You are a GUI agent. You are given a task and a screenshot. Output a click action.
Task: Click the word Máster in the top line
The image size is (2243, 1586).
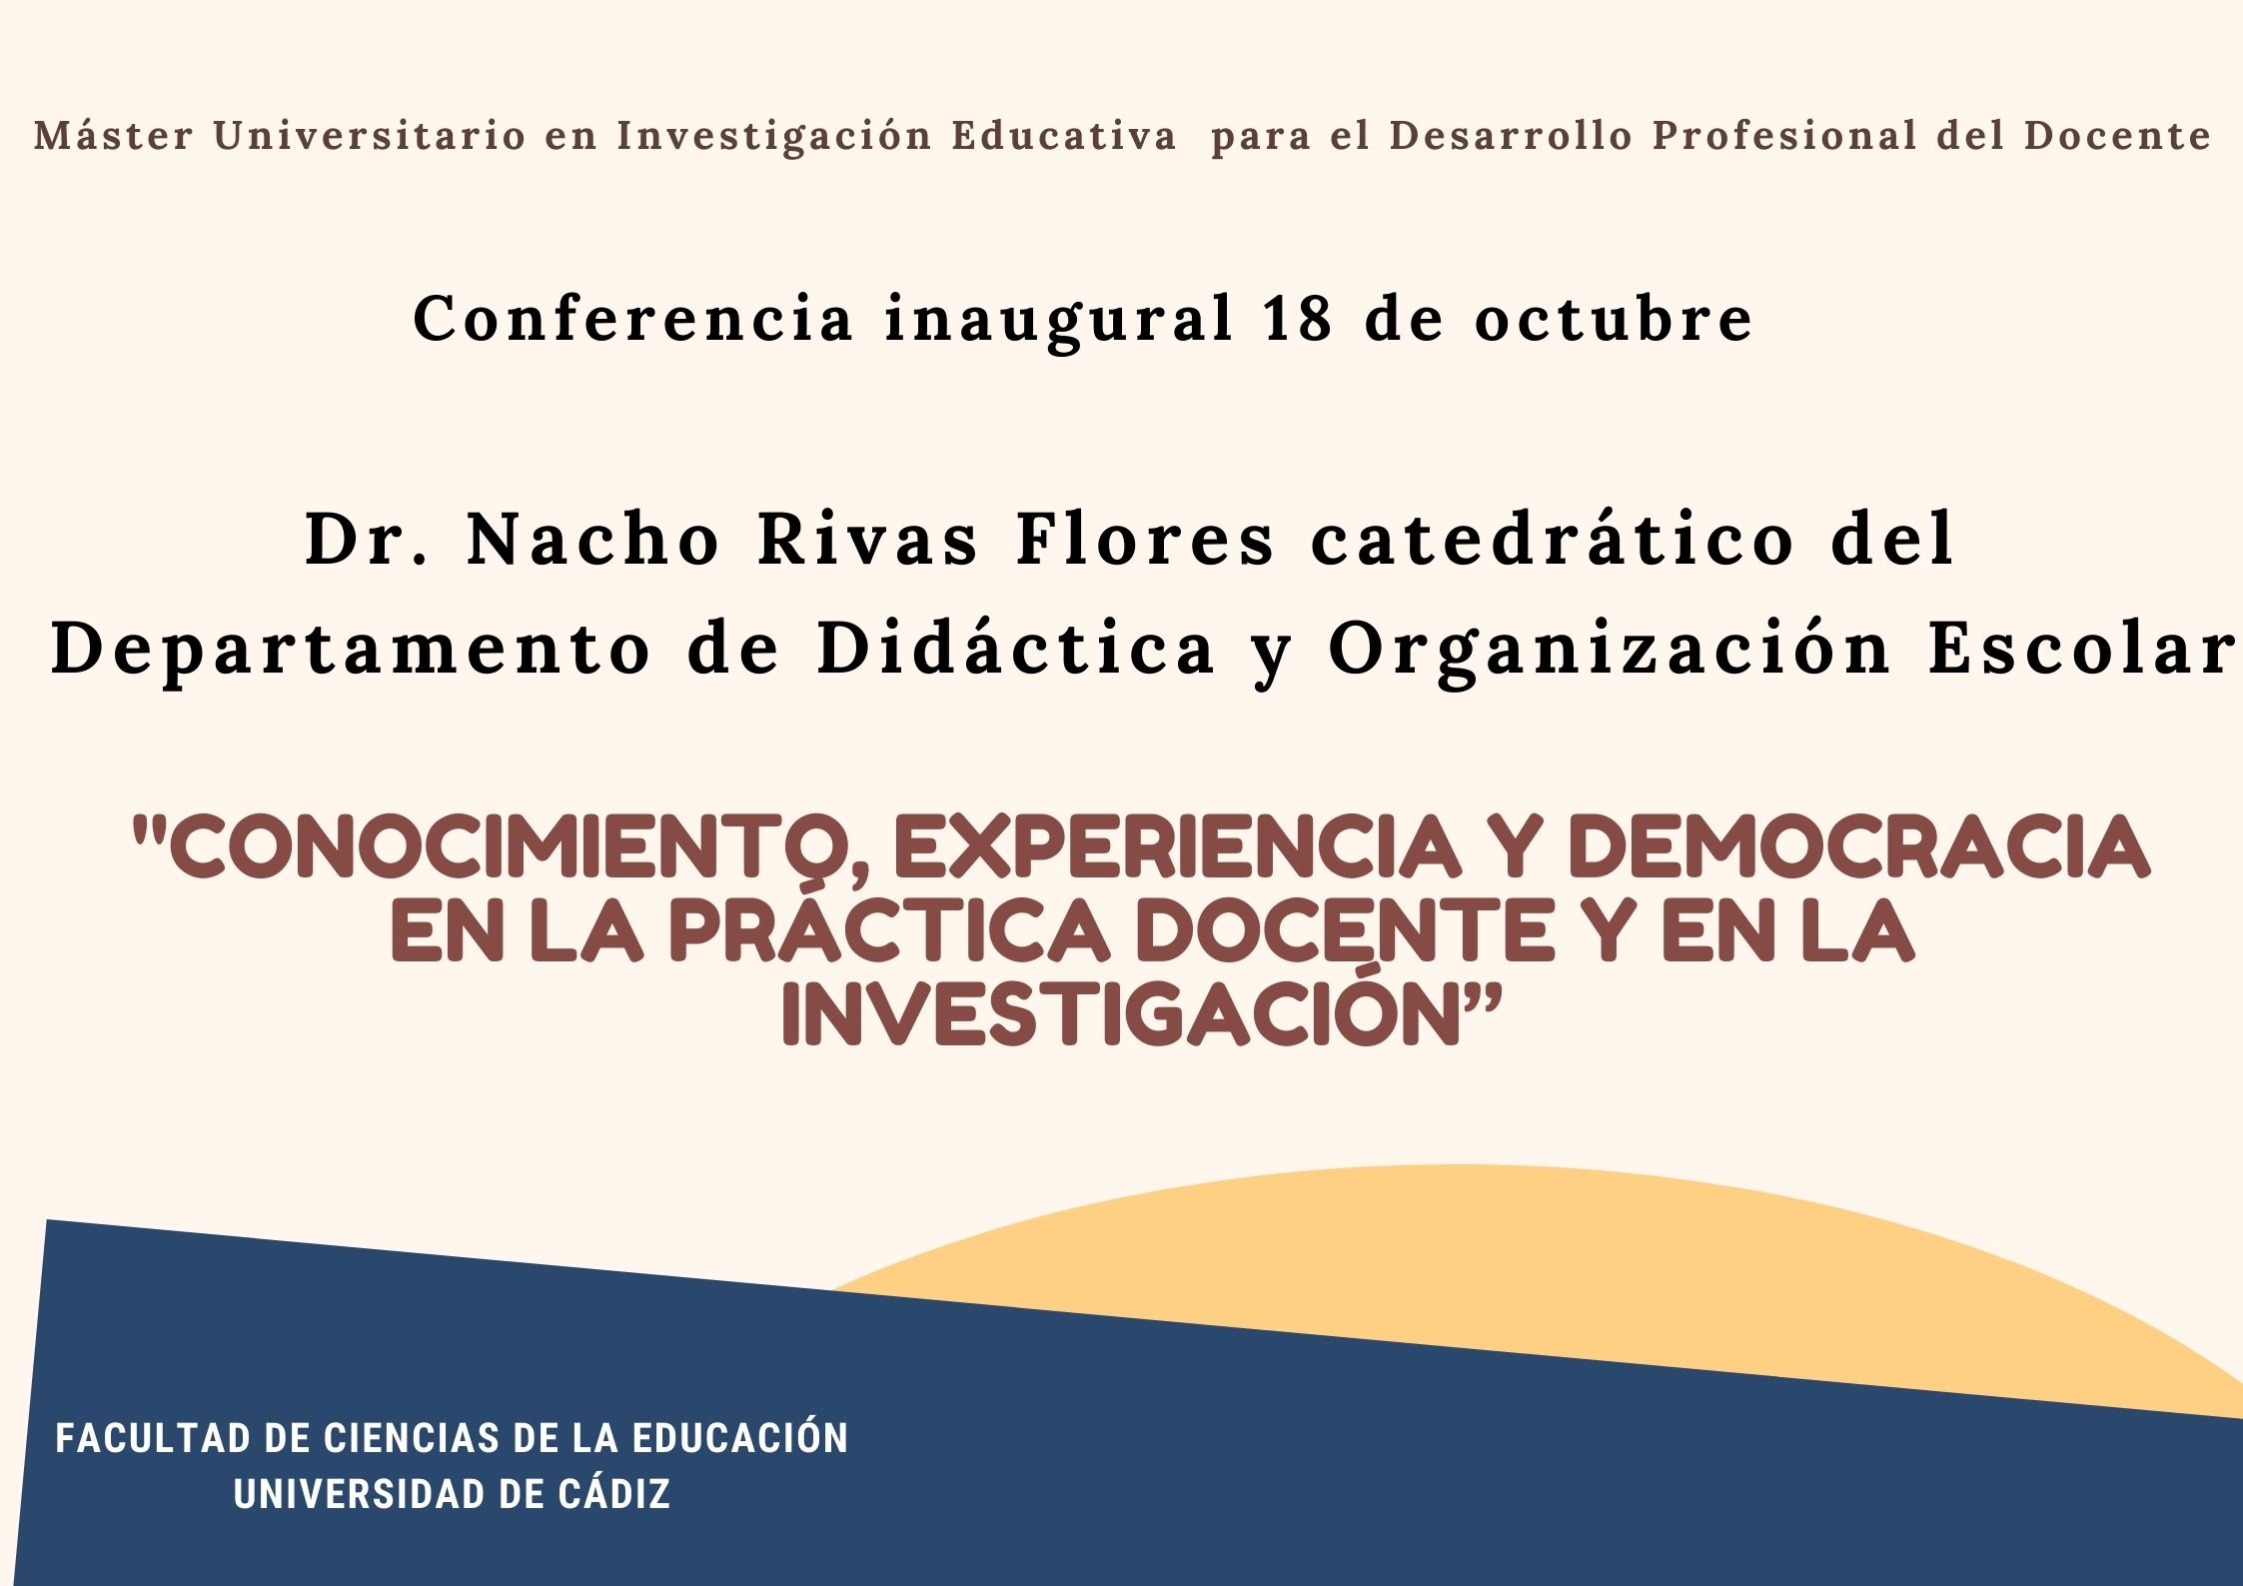[113, 136]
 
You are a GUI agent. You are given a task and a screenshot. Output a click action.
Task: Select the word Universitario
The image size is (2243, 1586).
[370, 136]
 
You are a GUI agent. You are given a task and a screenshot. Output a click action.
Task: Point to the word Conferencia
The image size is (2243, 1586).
[633, 319]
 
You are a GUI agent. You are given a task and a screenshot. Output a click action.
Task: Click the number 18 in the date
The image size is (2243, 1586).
[1298, 319]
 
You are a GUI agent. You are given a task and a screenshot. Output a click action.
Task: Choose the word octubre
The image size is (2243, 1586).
[1614, 319]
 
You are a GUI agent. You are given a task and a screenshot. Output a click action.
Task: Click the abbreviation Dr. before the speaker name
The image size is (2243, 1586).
[368, 540]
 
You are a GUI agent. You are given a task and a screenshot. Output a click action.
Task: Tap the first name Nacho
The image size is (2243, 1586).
[593, 540]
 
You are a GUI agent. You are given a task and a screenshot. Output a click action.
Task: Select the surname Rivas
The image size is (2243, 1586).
[868, 540]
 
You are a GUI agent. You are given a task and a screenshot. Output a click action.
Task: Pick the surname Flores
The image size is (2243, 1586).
[1145, 540]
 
